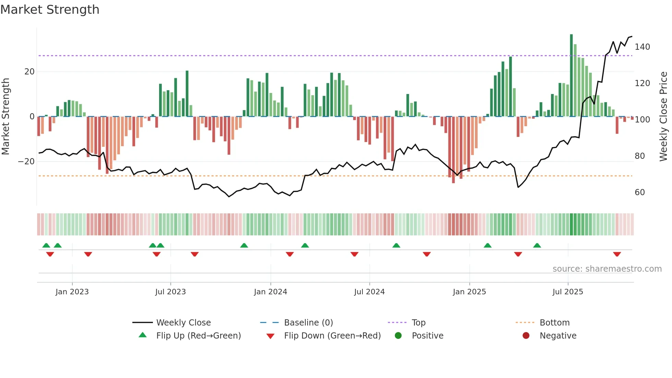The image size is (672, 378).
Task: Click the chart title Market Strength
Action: [50, 10]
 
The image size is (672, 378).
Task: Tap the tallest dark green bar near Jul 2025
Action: [571, 75]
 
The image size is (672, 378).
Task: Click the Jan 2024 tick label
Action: [270, 292]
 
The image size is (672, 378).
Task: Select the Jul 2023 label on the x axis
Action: [170, 292]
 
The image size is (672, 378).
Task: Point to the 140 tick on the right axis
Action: [642, 47]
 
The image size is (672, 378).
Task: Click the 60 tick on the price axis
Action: [639, 192]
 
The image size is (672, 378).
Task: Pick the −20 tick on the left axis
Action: [26, 162]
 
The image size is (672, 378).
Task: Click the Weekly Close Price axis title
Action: [663, 117]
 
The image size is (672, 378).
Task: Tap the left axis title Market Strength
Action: [6, 117]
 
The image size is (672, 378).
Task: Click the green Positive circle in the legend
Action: [398, 336]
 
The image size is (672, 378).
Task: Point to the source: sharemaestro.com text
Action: [607, 269]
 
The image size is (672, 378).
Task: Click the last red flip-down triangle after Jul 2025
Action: [617, 254]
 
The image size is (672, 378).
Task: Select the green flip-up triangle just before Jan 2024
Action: [244, 246]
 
